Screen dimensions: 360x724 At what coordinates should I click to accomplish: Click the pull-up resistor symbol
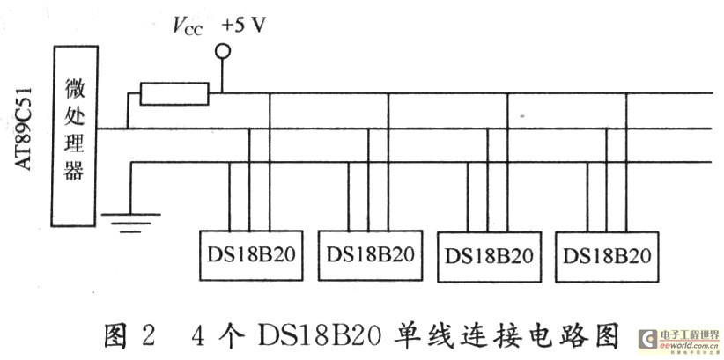click(x=174, y=93)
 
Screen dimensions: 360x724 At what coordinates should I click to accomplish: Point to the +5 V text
click(x=245, y=26)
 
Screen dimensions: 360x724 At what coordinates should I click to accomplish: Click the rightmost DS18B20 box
click(x=608, y=257)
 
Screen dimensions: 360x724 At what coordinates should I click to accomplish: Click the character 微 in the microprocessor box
click(x=75, y=89)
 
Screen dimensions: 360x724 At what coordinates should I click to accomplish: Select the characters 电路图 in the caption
click(x=579, y=335)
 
